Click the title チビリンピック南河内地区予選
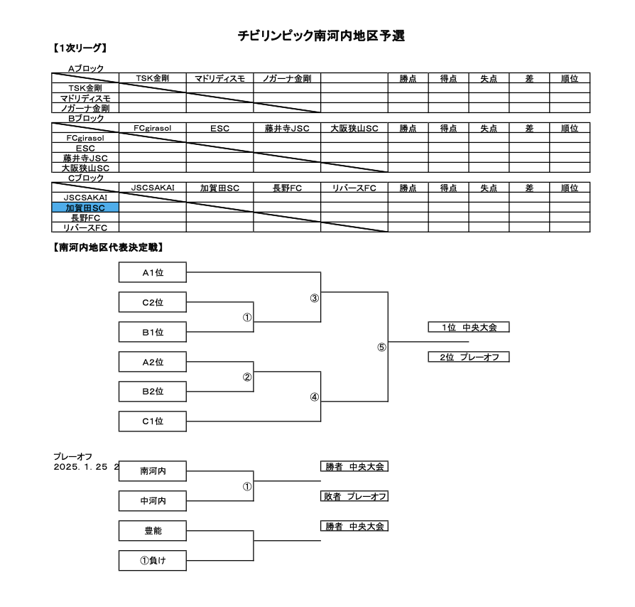click(x=321, y=36)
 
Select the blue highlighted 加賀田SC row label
click(x=85, y=208)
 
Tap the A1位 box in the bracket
click(x=153, y=272)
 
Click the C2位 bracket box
click(x=153, y=302)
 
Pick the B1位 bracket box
click(x=153, y=332)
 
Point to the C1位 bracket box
click(x=153, y=421)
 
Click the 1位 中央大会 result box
click(x=469, y=327)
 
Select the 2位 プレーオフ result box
click(x=469, y=357)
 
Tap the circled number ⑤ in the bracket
click(x=381, y=348)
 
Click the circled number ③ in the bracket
click(x=314, y=299)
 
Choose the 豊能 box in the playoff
click(x=153, y=531)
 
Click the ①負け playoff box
click(x=153, y=560)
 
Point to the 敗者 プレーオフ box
click(x=354, y=496)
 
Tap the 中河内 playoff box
click(x=153, y=501)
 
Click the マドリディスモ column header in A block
click(x=220, y=78)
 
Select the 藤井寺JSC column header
click(x=287, y=128)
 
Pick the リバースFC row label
click(x=85, y=227)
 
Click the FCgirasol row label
click(x=85, y=138)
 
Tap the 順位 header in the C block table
click(x=570, y=188)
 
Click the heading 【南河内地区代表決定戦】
click(x=108, y=247)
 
